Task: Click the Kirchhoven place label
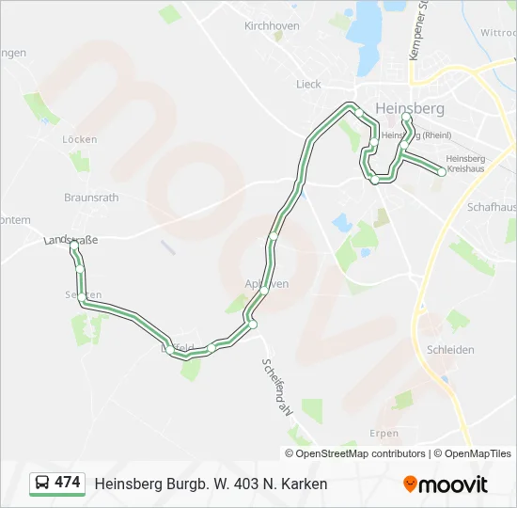[272, 26]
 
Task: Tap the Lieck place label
[308, 84]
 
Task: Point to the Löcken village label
[79, 138]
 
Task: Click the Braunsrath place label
[91, 198]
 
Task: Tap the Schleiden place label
[450, 349]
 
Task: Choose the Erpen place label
[384, 434]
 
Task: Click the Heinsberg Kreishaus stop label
[466, 164]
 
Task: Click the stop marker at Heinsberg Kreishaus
[442, 171]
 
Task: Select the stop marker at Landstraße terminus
[74, 246]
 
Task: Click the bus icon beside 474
[42, 483]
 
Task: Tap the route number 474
[68, 483]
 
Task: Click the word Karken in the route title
[305, 484]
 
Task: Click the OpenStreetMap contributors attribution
[361, 453]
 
